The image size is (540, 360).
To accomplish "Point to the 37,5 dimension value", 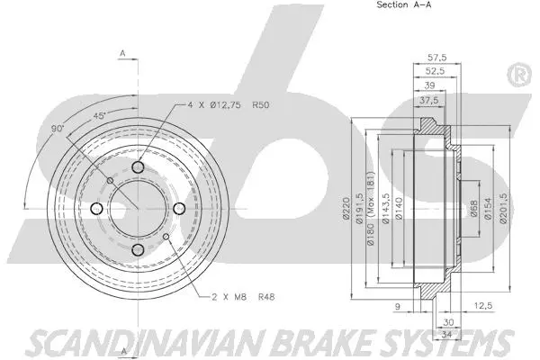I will (428, 102).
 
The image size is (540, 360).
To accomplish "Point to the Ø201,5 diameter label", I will (504, 213).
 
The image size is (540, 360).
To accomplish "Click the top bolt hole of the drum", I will (137, 167).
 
